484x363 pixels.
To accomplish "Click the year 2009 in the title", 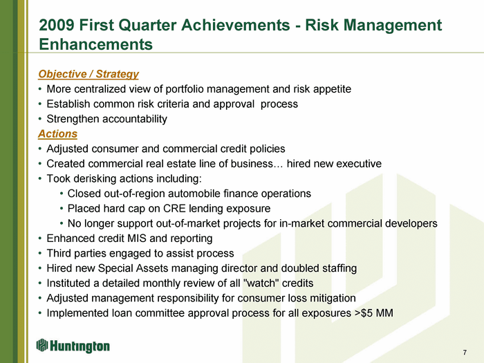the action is click(57, 25).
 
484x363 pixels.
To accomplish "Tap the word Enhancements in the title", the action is click(95, 44).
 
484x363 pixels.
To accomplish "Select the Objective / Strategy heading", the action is click(89, 74).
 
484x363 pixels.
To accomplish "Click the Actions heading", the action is click(57, 134).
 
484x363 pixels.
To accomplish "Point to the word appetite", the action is click(332, 89).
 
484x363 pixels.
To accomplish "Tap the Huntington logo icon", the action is click(42, 345).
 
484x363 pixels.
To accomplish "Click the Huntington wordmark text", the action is click(80, 346).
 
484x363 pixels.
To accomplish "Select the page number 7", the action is click(465, 352).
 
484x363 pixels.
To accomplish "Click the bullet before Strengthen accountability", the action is click(40, 120).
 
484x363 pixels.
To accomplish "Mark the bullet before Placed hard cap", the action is click(62, 209).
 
